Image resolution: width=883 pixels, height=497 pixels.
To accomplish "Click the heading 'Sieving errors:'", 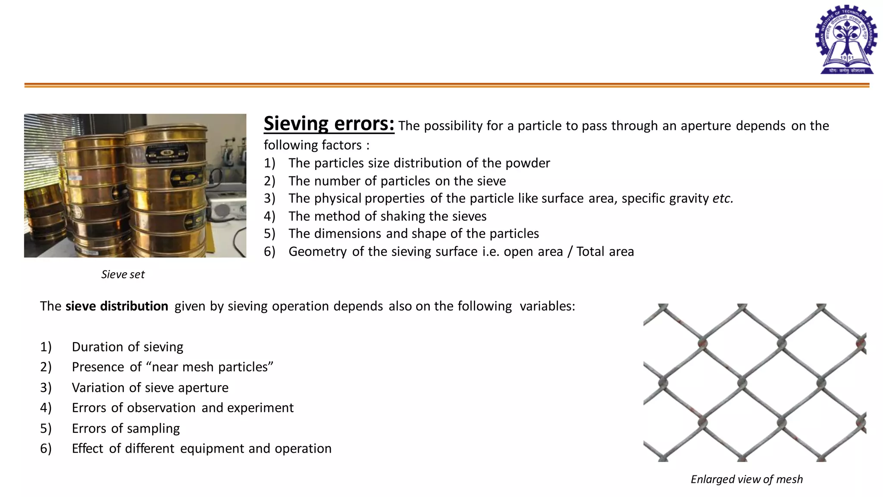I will coord(329,124).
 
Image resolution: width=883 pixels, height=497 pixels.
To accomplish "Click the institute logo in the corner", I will coord(846,40).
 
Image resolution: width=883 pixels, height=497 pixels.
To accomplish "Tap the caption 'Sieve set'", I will coord(123,274).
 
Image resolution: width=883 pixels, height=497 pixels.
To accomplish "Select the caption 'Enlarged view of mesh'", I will coord(746,479).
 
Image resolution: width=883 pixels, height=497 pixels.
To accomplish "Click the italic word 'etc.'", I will coord(723,198).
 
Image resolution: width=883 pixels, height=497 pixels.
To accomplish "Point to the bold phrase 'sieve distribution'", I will coord(116,306).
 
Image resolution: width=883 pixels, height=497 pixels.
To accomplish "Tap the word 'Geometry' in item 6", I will coord(317,252).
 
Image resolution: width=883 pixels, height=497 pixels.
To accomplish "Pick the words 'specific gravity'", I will coord(665,198).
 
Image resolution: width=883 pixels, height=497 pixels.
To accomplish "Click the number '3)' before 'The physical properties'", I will coord(269,198).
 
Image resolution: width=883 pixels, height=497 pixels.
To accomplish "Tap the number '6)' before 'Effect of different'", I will coord(46,449).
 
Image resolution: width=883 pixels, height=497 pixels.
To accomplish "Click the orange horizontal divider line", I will coord(447,85).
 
